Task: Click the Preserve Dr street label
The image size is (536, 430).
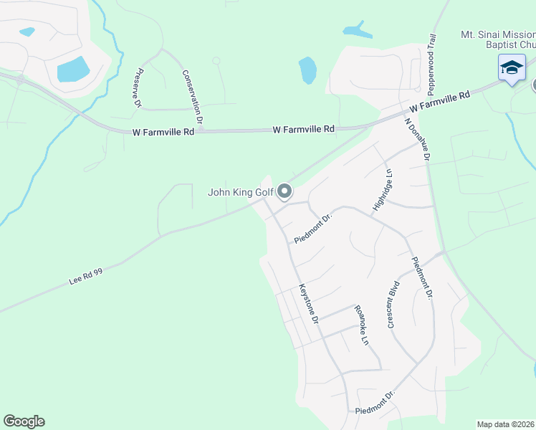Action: pos(138,88)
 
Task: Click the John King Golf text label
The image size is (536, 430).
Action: pos(241,192)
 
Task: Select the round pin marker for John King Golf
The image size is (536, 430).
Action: pos(284,191)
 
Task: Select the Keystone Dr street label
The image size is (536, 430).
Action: pos(307,304)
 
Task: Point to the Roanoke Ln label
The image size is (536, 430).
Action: pos(360,326)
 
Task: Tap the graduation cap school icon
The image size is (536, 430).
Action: pos(512,68)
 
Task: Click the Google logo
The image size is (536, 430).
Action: pos(24,421)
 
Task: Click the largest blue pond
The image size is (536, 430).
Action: pos(73,69)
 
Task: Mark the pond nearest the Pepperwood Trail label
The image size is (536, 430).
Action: pos(358,31)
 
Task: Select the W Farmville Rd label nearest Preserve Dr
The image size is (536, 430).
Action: pos(163,132)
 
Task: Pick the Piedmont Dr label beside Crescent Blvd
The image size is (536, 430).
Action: pos(421,279)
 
